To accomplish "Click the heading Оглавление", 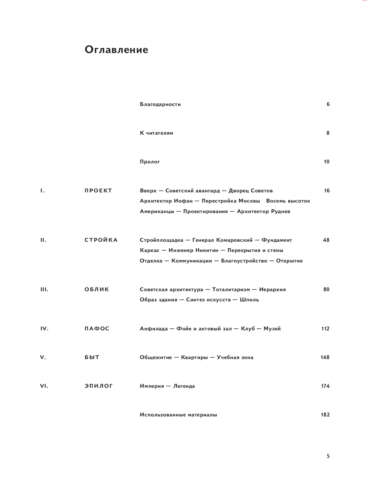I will [116, 50].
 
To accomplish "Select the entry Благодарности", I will [160, 104].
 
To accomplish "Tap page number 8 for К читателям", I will [328, 133].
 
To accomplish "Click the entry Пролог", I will [150, 162].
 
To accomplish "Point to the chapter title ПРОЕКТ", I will [98, 191].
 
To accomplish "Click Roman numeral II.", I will [43, 240].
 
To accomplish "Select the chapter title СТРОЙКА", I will [101, 240].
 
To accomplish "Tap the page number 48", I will [326, 240].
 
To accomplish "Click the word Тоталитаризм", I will [231, 289].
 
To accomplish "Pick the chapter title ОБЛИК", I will [97, 289].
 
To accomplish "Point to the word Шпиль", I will [249, 300].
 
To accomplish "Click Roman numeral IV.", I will [44, 329].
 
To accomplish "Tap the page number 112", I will [325, 329].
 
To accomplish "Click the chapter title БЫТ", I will [92, 357].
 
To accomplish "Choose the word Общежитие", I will [156, 357].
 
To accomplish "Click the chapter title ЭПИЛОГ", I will [98, 386].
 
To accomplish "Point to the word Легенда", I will [184, 386].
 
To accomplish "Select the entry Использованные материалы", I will [178, 415].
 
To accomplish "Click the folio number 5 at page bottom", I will [328, 456].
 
